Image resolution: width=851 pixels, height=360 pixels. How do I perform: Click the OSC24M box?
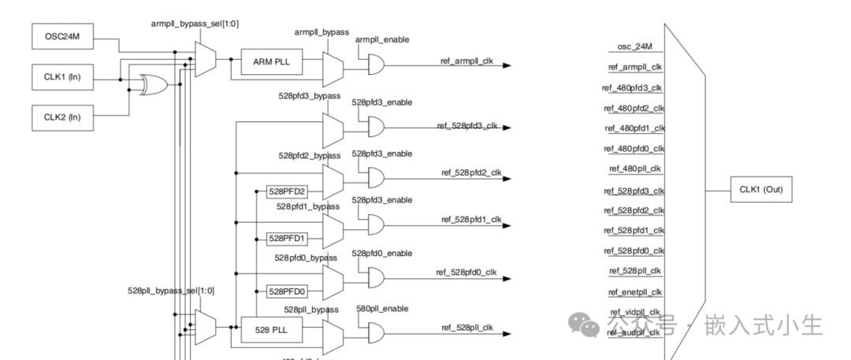[x=61, y=37]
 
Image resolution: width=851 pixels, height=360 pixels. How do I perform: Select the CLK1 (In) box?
[x=61, y=77]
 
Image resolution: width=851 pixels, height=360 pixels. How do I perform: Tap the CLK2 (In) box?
[x=61, y=118]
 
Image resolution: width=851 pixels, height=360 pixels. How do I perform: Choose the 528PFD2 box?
[x=287, y=191]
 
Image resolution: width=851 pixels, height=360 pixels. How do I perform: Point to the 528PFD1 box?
[x=287, y=238]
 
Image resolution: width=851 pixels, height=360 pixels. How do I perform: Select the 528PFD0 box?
[x=287, y=291]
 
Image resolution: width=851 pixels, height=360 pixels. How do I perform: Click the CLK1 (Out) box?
[x=760, y=190]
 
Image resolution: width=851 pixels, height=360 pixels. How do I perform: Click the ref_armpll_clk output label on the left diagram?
[x=466, y=60]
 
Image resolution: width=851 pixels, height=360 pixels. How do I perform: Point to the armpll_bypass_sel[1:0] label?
[x=195, y=24]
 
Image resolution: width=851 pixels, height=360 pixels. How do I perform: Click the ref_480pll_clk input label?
[x=635, y=169]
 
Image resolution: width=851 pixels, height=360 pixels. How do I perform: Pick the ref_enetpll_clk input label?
[x=635, y=291]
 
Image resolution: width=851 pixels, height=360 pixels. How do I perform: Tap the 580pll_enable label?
[x=383, y=309]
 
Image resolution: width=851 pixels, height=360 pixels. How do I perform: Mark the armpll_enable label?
[x=383, y=39]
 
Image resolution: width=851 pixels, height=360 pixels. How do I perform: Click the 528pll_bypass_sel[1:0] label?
[x=171, y=291]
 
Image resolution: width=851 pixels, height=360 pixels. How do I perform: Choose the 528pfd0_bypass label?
[x=306, y=258]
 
